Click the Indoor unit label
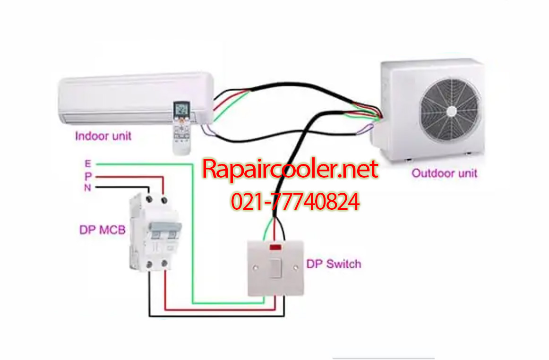click(x=103, y=136)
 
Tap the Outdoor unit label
click(x=444, y=173)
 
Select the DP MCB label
click(x=102, y=230)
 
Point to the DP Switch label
click(x=334, y=264)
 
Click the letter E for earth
click(x=87, y=163)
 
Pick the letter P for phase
click(x=88, y=176)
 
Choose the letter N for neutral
click(x=87, y=188)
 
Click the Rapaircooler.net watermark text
click(x=290, y=169)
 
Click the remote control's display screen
click(x=182, y=109)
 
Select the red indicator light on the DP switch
click(x=275, y=247)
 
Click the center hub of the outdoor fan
click(x=451, y=111)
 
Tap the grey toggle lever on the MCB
click(x=165, y=227)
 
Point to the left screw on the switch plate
click(x=255, y=268)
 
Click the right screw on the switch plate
click(x=295, y=268)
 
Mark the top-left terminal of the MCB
click(x=149, y=200)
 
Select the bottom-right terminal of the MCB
click(x=164, y=263)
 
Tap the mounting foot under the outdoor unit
click(x=408, y=159)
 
